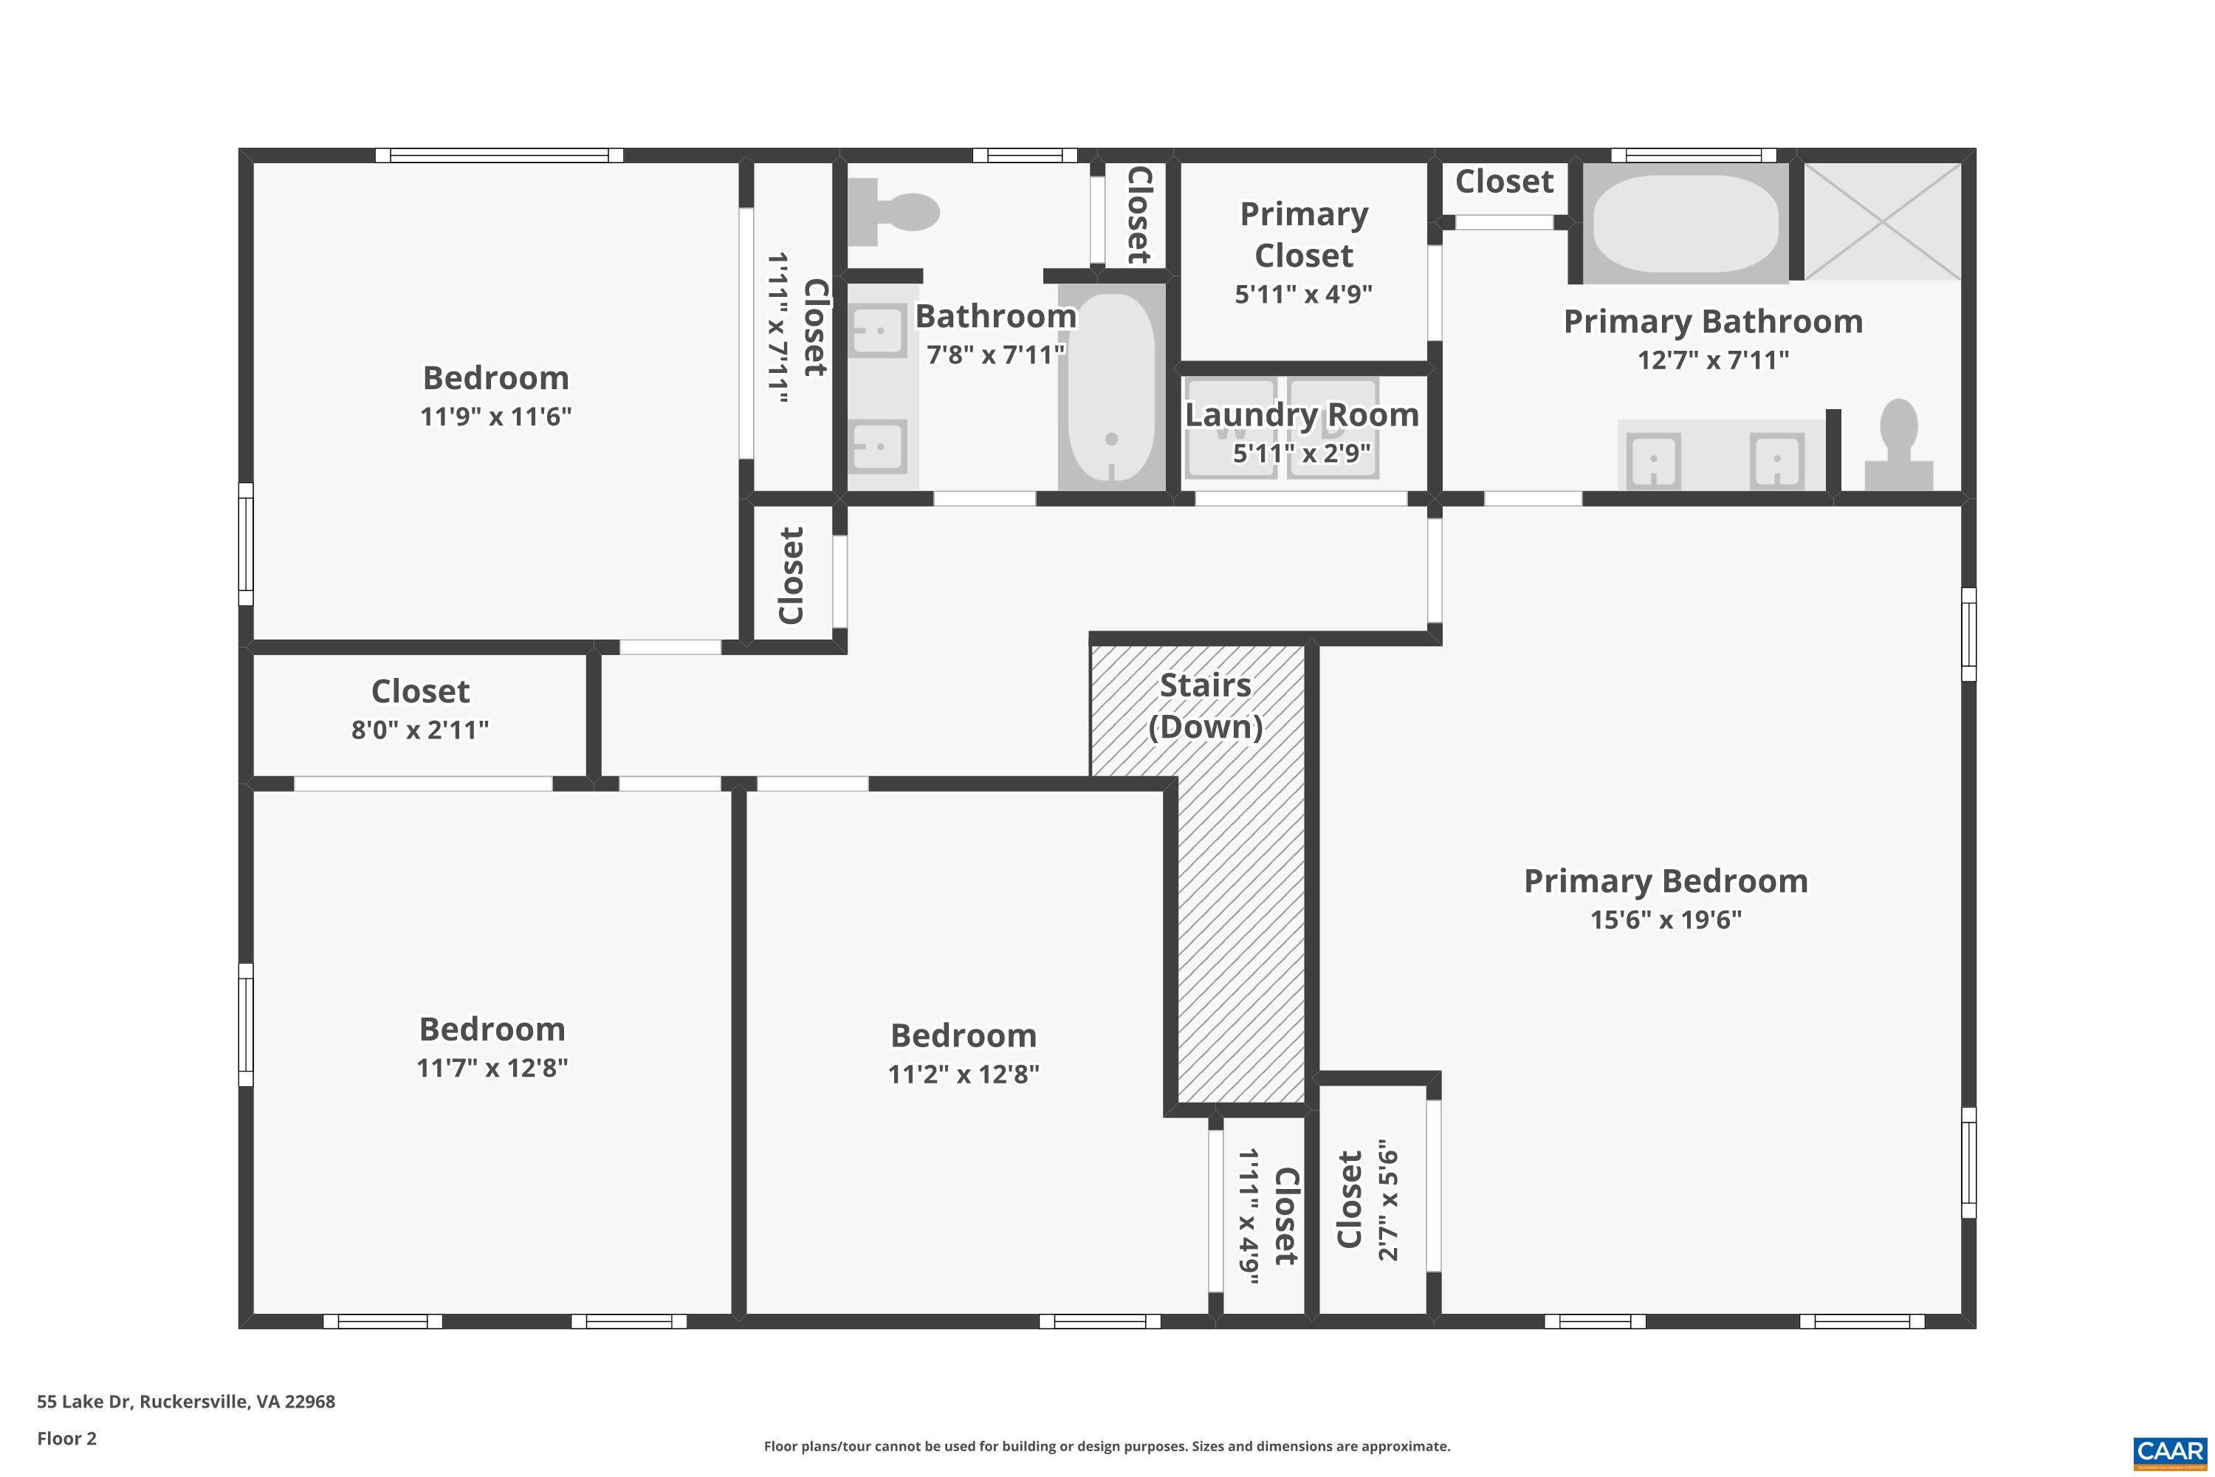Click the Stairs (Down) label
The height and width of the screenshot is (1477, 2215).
[1206, 705]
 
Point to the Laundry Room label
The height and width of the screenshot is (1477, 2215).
[1302, 414]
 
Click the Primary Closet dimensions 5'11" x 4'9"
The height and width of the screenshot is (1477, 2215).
[1303, 294]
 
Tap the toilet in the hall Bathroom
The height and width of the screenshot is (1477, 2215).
[895, 212]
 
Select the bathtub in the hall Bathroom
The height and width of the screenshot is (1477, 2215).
[1111, 386]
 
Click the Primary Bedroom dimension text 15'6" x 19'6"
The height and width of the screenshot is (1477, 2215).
[1666, 919]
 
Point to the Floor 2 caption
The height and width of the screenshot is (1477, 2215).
[67, 1439]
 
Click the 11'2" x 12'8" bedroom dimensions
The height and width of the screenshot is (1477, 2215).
[964, 1074]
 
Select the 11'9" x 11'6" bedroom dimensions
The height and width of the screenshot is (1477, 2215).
[495, 417]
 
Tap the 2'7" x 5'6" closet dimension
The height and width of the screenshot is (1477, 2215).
[1388, 1206]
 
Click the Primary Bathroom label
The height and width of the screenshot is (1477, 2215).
[1713, 321]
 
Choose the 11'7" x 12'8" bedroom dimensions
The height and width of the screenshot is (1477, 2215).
[492, 1067]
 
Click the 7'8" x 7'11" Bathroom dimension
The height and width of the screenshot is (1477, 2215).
[995, 354]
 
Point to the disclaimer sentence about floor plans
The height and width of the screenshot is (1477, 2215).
[1107, 1446]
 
